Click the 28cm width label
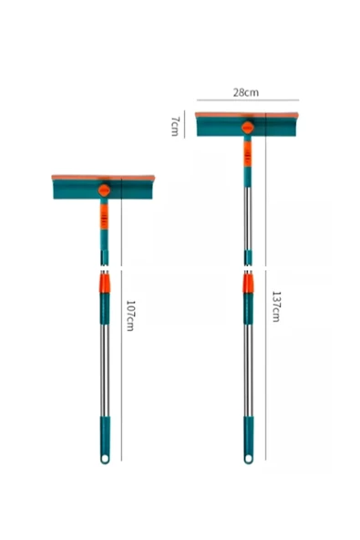[246, 92]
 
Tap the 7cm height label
[175, 127]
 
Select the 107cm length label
[130, 316]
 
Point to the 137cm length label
[276, 306]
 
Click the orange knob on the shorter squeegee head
[104, 190]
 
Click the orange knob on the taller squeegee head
[248, 128]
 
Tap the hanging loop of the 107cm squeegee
[105, 459]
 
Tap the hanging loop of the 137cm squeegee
[248, 459]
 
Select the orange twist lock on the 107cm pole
[105, 283]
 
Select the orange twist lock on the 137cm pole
[248, 283]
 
